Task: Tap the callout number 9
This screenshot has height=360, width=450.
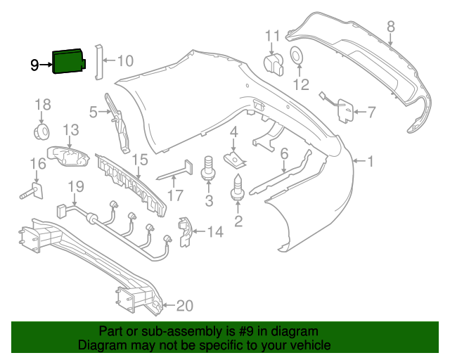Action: [34, 65]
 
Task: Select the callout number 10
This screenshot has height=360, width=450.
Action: [124, 61]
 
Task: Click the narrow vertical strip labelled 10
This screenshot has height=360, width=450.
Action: [98, 60]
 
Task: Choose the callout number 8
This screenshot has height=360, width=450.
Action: [391, 27]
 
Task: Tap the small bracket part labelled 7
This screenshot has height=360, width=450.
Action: [345, 110]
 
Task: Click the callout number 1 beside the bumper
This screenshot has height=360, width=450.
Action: [371, 162]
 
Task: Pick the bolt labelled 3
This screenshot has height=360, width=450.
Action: [209, 169]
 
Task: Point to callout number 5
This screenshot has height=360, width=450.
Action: [94, 111]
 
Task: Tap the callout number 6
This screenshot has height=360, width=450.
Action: [284, 153]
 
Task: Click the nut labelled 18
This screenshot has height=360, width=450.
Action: [43, 131]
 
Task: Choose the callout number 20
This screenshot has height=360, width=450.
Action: [184, 306]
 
